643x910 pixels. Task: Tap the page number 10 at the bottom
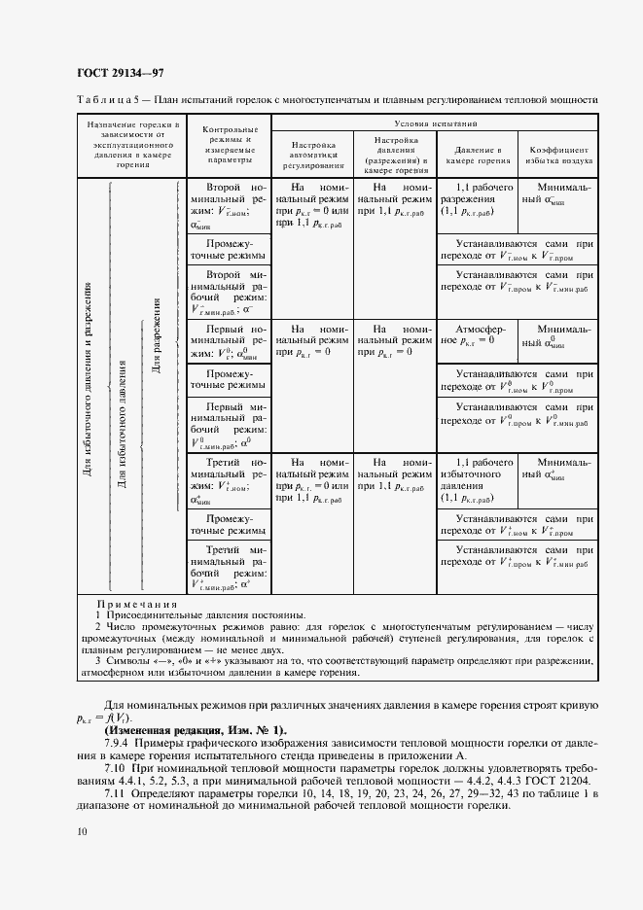pos(82,831)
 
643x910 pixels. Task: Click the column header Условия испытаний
pos(434,124)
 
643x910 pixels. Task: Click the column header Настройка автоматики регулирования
pos(313,154)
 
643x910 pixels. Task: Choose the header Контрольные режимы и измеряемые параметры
pos(229,147)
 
